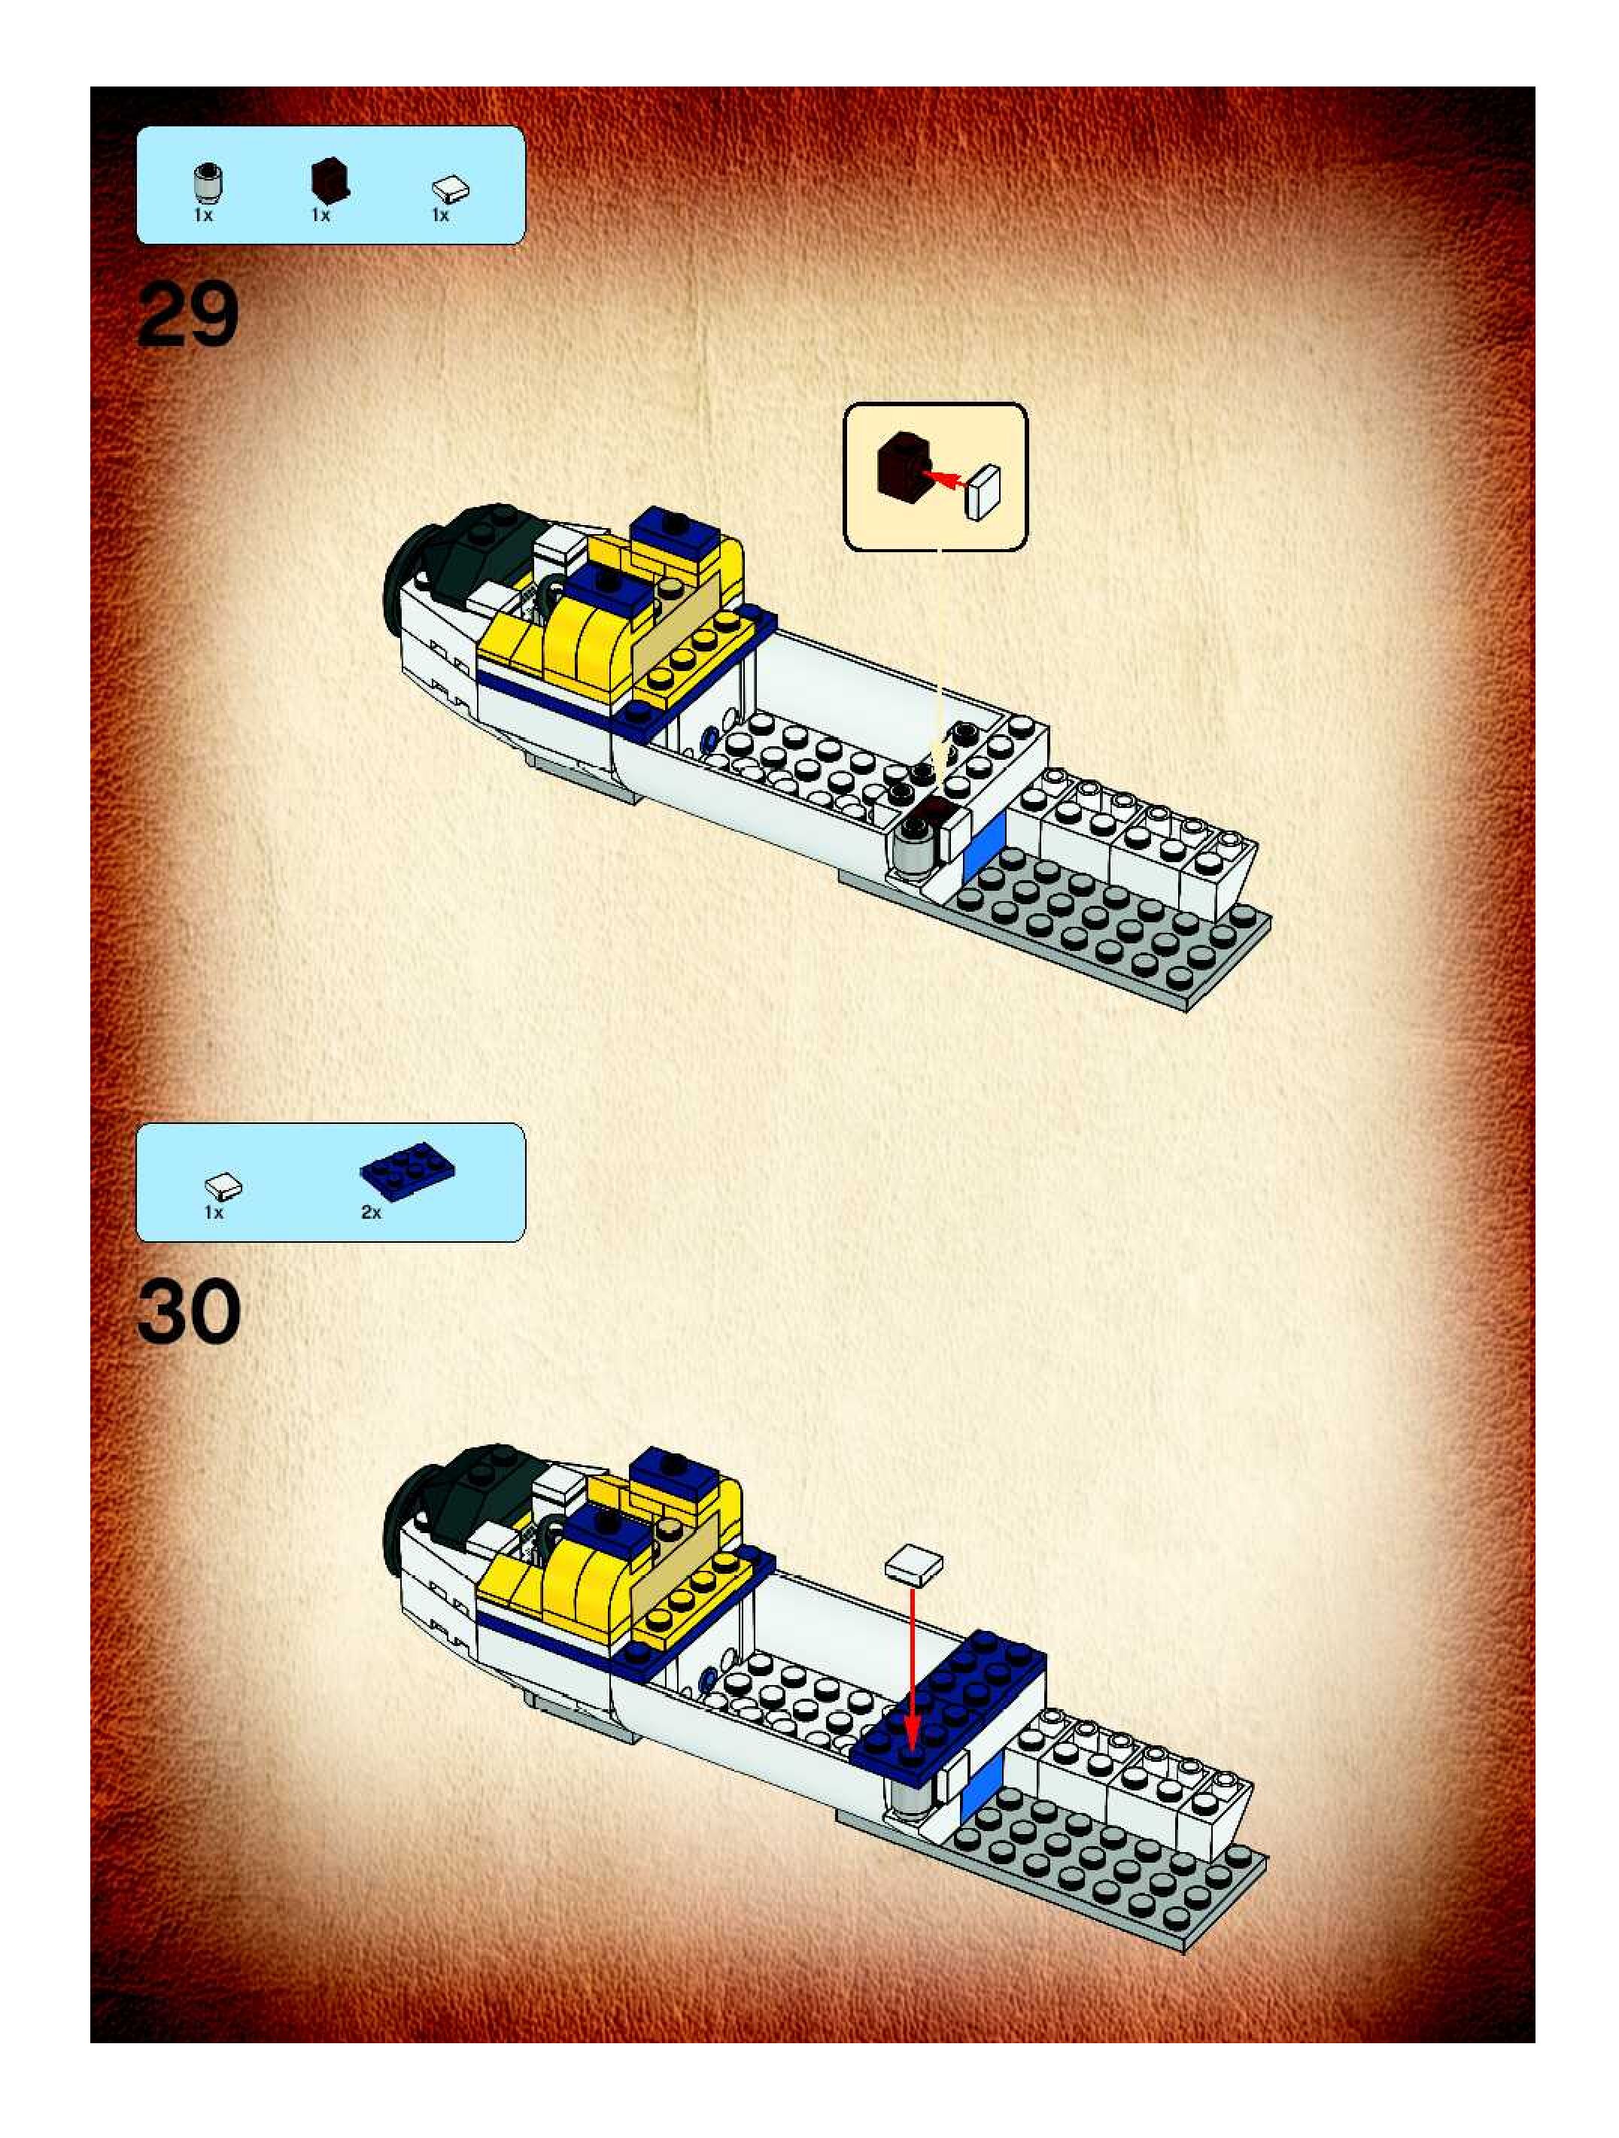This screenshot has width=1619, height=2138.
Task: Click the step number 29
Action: tap(187, 316)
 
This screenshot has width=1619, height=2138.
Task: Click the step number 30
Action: tap(189, 1311)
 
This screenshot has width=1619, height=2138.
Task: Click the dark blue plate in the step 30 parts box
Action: tap(407, 1171)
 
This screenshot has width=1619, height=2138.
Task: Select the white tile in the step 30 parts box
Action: tap(223, 1185)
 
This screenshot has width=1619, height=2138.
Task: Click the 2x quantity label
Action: tap(371, 1212)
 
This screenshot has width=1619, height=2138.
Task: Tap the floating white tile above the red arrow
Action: tap(913, 1565)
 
